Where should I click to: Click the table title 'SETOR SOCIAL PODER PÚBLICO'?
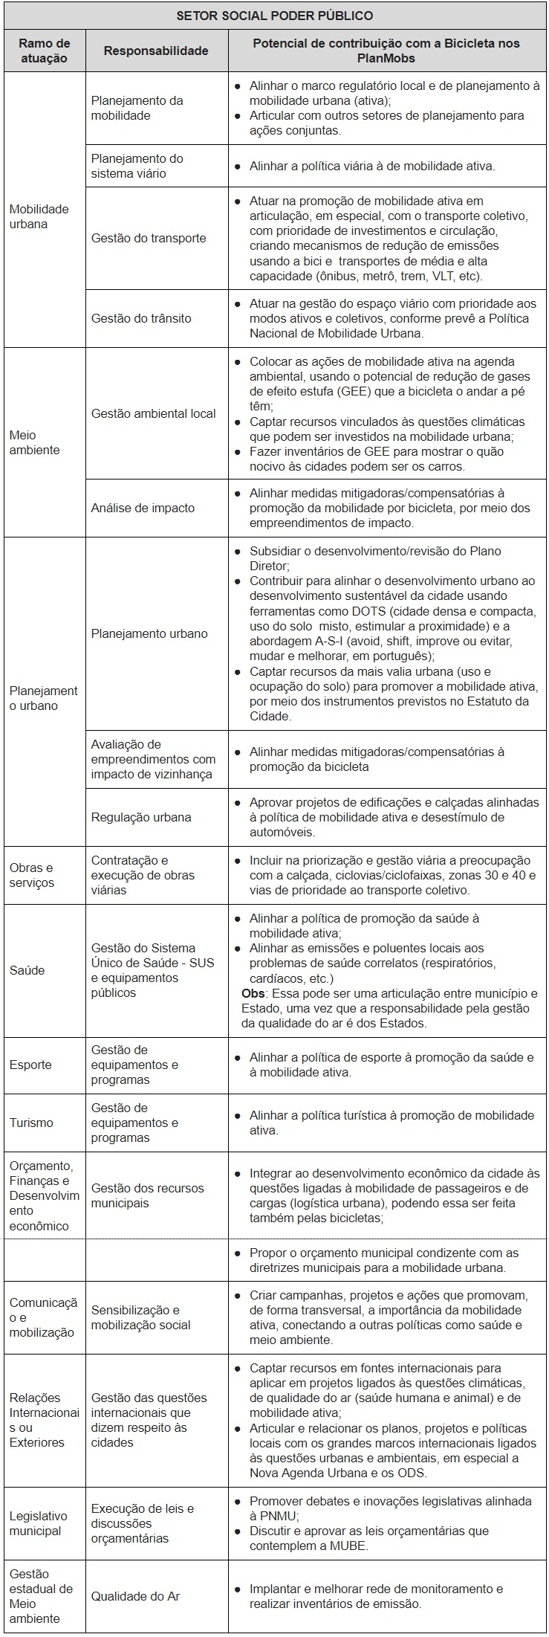pos(274,15)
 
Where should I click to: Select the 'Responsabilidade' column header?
pos(155,51)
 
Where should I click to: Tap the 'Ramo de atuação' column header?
pos(44,51)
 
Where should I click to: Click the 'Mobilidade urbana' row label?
pos(39,216)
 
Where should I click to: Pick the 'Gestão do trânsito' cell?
pos(141,318)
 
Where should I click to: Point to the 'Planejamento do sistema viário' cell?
pos(137,166)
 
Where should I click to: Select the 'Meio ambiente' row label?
pos(34,442)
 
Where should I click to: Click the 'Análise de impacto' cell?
pos(143,508)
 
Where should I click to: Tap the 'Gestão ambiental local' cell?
pos(153,413)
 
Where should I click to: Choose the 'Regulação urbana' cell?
pos(141,817)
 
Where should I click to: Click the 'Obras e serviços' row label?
pos(32,875)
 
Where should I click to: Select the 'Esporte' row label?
pos(30,1065)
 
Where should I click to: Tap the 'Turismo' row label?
pos(31,1123)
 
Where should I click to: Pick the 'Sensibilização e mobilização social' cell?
pos(140,1317)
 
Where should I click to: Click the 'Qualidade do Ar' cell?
pos(135,1596)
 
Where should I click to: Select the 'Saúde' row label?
pos(27,970)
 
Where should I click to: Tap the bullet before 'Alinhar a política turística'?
pos(237,1116)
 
